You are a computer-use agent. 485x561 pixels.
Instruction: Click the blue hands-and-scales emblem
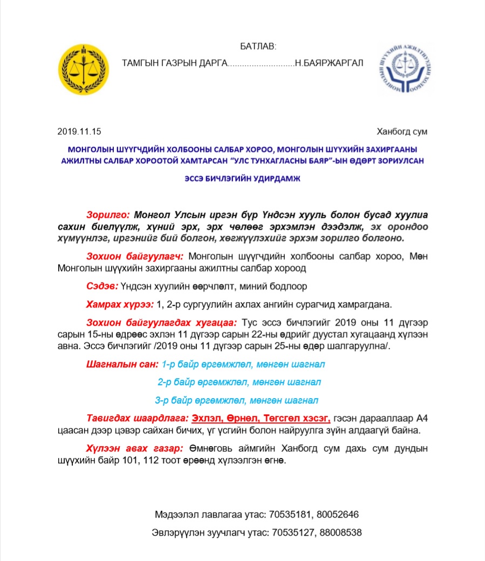pos(405,68)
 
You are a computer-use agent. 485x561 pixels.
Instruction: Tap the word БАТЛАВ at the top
pos(258,47)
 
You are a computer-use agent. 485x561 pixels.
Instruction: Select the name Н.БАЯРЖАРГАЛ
pos(329,63)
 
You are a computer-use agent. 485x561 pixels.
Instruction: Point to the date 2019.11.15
pos(79,132)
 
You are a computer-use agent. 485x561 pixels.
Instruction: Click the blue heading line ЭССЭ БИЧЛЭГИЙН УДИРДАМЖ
pos(242,180)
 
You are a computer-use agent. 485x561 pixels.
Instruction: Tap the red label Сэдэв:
pos(102,286)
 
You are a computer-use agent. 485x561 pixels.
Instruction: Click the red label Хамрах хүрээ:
pos(119,305)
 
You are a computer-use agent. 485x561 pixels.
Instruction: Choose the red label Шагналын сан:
pos(122,364)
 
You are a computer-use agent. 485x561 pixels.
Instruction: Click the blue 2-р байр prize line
pos(239,382)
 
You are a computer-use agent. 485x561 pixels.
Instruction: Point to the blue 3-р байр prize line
pos(236,401)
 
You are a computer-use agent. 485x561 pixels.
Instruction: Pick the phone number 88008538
pos(340,532)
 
